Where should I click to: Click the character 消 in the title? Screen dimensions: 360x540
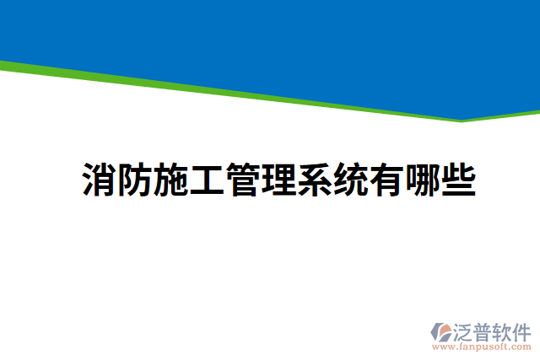click(100, 180)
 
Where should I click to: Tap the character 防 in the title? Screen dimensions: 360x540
click(135, 180)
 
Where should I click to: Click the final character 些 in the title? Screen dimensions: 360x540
click(457, 180)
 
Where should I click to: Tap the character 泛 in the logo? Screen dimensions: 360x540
click(463, 330)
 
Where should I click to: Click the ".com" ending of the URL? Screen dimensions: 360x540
click(520, 347)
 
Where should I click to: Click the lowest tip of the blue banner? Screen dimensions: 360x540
click(462, 120)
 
